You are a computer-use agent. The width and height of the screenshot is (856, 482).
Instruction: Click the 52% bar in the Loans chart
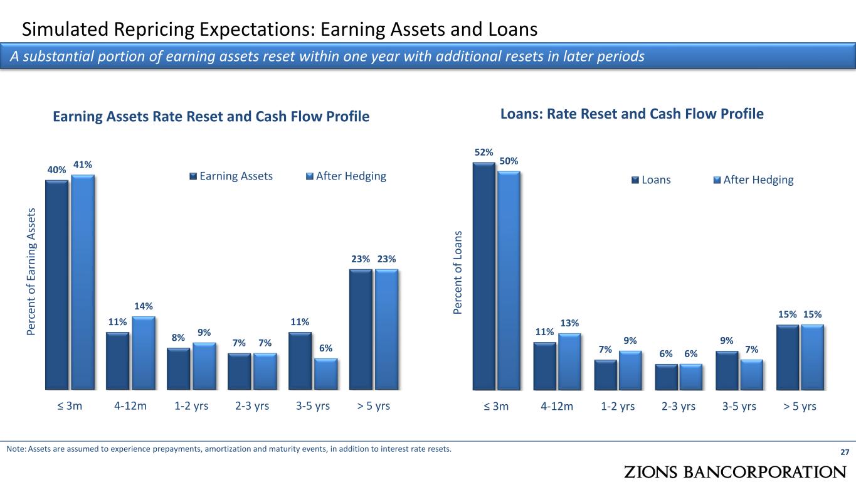click(483, 276)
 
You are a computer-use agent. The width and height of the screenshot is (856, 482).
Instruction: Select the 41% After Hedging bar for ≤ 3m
click(83, 282)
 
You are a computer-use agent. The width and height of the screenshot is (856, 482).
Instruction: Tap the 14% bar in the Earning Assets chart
click(144, 353)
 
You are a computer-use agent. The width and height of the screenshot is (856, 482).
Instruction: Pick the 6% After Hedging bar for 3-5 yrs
click(326, 374)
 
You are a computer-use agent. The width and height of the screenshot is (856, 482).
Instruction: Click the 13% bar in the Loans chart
click(569, 362)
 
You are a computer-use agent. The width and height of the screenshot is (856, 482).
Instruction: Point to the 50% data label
click(509, 161)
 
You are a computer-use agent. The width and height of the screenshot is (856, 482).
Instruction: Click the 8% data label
click(178, 338)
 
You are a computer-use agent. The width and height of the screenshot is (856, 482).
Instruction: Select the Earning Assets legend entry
click(231, 176)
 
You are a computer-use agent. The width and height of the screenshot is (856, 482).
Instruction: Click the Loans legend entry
click(651, 179)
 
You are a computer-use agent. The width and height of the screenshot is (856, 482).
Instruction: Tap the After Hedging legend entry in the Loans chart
click(754, 179)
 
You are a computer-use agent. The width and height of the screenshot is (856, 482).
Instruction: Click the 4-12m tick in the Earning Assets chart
click(130, 405)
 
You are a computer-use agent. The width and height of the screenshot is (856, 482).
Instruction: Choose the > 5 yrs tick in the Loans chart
click(800, 406)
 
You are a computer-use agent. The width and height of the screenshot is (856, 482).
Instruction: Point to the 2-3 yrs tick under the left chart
click(252, 405)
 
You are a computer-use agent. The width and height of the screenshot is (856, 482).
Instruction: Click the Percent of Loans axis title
click(457, 272)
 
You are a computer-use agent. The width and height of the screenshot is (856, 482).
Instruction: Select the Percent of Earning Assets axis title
click(31, 272)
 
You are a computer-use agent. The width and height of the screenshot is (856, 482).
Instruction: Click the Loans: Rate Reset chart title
click(632, 114)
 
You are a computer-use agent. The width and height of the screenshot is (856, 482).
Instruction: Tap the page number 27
click(845, 452)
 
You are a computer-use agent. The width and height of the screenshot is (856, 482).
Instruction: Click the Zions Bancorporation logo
click(735, 472)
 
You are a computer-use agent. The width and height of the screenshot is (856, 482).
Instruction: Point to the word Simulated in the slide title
click(65, 29)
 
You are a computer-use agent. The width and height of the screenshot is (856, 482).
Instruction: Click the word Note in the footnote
click(16, 449)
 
